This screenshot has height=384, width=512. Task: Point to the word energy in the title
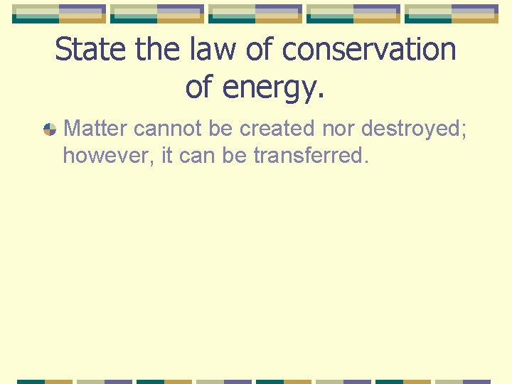[x=277, y=87]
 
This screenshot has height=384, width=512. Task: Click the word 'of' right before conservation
[x=257, y=50]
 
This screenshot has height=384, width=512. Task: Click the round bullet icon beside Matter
[x=49, y=129]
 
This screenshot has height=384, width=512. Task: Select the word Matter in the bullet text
[x=95, y=129]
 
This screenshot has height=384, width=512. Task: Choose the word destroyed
[x=413, y=129]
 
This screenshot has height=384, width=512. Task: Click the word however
[x=107, y=156]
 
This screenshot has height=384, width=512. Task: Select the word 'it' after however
[x=168, y=156]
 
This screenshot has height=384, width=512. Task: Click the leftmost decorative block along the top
[x=59, y=14]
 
